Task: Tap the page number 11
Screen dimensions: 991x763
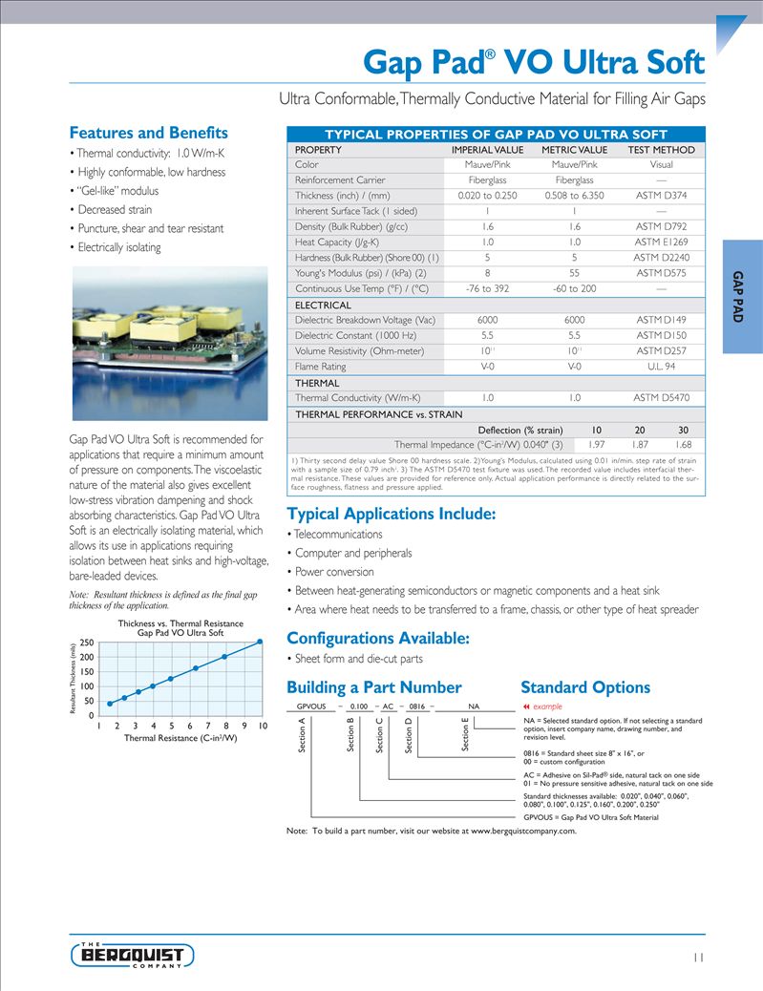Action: pyautogui.click(x=698, y=958)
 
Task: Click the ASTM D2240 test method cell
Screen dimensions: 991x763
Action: pyautogui.click(x=660, y=258)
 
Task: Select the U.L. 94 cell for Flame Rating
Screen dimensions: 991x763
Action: pyautogui.click(x=660, y=366)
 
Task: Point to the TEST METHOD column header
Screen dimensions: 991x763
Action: pyautogui.click(x=661, y=150)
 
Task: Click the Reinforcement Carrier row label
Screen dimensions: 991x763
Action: pyautogui.click(x=340, y=180)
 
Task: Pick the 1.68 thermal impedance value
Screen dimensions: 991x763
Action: pyautogui.click(x=683, y=444)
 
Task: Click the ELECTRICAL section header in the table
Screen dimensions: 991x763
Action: pyautogui.click(x=324, y=305)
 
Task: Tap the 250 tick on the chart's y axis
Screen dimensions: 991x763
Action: pyautogui.click(x=86, y=643)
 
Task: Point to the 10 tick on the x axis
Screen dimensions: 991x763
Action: pyautogui.click(x=262, y=727)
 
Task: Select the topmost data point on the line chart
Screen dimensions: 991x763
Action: pyautogui.click(x=259, y=642)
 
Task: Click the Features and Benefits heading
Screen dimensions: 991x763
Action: pyautogui.click(x=149, y=133)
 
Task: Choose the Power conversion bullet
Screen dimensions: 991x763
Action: pyautogui.click(x=334, y=572)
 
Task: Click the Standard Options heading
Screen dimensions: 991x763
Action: pyautogui.click(x=584, y=687)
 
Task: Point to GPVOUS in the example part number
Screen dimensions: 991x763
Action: pyautogui.click(x=311, y=706)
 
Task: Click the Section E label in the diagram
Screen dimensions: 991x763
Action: pyautogui.click(x=466, y=737)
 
